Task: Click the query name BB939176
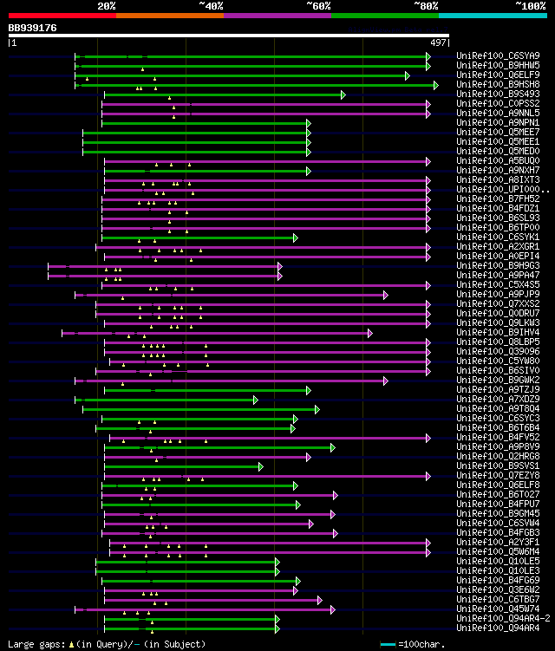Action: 33,28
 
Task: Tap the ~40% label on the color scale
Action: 211,5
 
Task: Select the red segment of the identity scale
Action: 62,16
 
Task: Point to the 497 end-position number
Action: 438,42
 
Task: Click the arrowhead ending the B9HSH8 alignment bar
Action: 436,85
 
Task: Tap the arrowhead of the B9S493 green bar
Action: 343,94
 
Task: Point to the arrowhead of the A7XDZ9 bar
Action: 256,400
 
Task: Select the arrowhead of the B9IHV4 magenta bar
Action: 370,333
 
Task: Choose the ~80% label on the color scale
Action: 425,5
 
